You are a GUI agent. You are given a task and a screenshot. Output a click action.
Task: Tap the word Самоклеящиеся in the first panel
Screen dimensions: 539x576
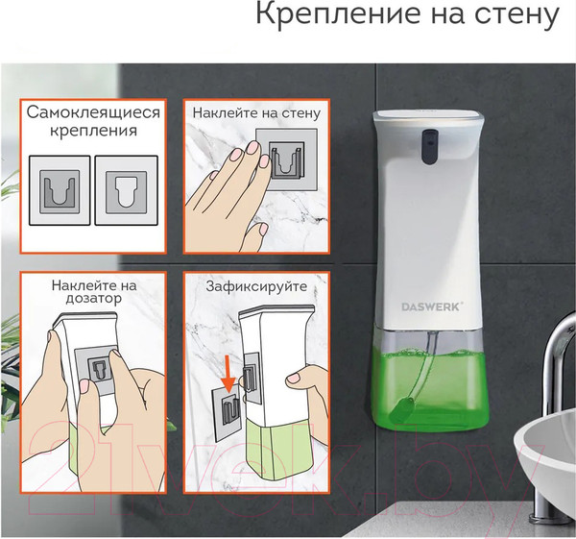[x=93, y=112]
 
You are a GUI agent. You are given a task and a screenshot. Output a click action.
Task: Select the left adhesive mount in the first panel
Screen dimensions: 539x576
[x=57, y=189]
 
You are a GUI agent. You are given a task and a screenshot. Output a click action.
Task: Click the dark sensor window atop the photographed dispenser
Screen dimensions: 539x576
[x=429, y=142]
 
